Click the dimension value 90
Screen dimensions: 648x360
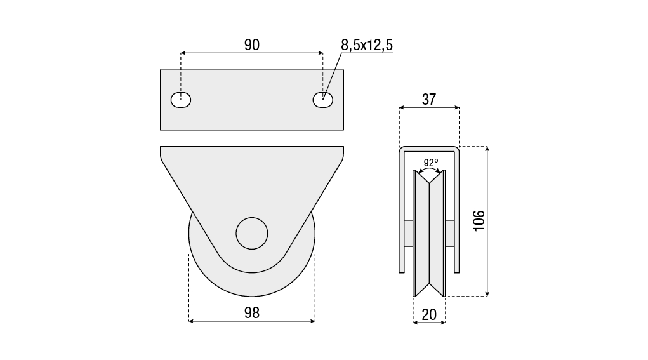[252, 44]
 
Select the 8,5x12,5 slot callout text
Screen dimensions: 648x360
[367, 44]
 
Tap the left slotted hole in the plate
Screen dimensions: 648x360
[181, 100]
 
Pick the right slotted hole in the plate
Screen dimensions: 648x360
[323, 100]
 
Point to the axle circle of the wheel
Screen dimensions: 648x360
[252, 234]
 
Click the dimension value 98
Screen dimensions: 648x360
[252, 313]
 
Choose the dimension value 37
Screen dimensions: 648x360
[429, 99]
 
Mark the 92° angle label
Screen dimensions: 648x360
[430, 163]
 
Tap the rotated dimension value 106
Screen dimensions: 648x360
[478, 221]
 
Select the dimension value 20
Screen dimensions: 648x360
[429, 315]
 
